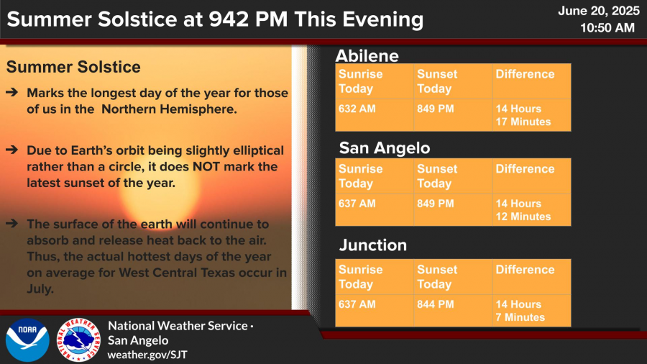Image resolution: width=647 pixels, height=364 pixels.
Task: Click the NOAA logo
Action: pos(27,340)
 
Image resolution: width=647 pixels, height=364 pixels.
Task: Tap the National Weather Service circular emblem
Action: pos(78,340)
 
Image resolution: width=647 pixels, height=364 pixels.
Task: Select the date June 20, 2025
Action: pos(599,11)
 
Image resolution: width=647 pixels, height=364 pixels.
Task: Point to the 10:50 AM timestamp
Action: pos(607,27)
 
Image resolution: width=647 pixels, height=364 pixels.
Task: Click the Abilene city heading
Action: pos(367,55)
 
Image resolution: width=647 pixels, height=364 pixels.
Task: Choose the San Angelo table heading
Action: pos(385,147)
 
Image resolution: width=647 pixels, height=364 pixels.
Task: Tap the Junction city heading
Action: pos(373,245)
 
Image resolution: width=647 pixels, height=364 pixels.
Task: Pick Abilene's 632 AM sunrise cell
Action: pos(375,115)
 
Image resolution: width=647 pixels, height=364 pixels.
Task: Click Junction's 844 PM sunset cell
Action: pos(453,310)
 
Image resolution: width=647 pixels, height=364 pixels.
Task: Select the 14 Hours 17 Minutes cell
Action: pos(531,115)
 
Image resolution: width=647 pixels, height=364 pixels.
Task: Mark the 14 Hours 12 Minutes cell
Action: pos(531,209)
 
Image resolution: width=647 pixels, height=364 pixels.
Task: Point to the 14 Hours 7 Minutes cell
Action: pos(531,310)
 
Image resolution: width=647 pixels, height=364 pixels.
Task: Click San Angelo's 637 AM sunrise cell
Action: pos(375,209)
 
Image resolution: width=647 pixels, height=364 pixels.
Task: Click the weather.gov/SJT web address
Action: pos(147,355)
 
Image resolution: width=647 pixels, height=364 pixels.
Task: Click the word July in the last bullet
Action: pos(40,289)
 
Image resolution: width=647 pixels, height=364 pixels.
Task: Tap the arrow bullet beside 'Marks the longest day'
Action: pos(12,92)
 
